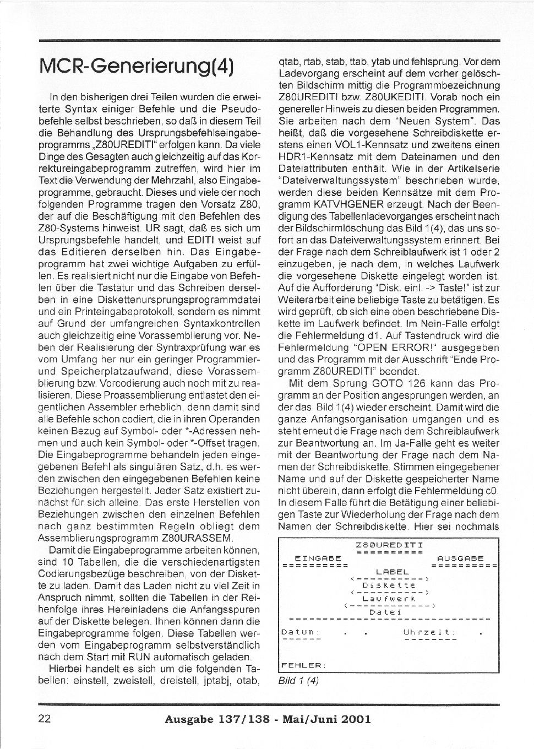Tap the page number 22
pyautogui.click(x=45, y=718)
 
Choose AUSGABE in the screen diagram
pyautogui.click(x=460, y=558)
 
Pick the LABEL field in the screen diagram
pyautogui.click(x=393, y=572)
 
